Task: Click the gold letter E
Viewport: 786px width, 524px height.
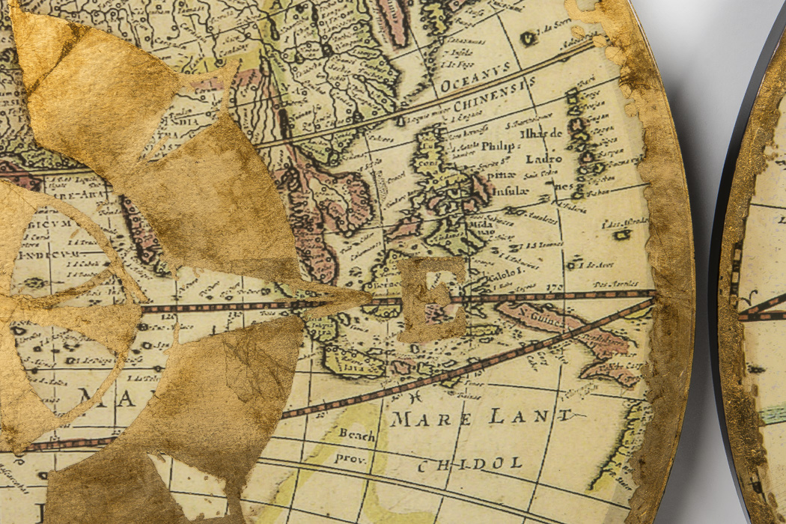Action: [433, 299]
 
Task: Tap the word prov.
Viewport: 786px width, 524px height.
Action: [350, 457]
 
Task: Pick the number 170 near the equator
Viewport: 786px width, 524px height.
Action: [555, 286]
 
